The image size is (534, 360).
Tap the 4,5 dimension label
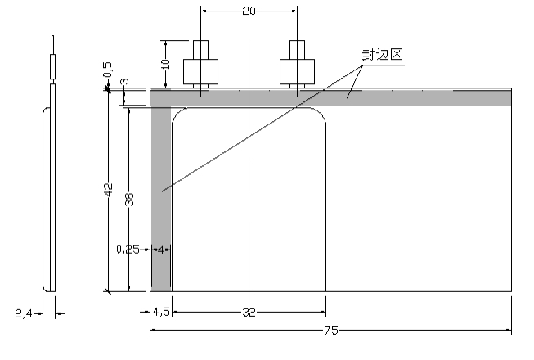[x=160, y=313]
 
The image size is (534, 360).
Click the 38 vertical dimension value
[x=129, y=199]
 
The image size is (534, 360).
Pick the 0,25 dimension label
[x=128, y=249]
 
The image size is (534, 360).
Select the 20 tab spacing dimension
[x=249, y=11]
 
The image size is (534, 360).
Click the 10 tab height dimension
[x=165, y=63]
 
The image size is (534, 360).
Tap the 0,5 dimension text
[x=108, y=70]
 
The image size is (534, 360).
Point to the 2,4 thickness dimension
[x=25, y=313]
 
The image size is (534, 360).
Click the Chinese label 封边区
[x=383, y=56]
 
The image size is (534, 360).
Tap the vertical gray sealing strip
[x=161, y=205]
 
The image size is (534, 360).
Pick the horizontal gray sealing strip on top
[x=409, y=97]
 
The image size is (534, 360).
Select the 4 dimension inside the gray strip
[x=161, y=249]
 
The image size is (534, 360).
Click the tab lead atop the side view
[x=52, y=57]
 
